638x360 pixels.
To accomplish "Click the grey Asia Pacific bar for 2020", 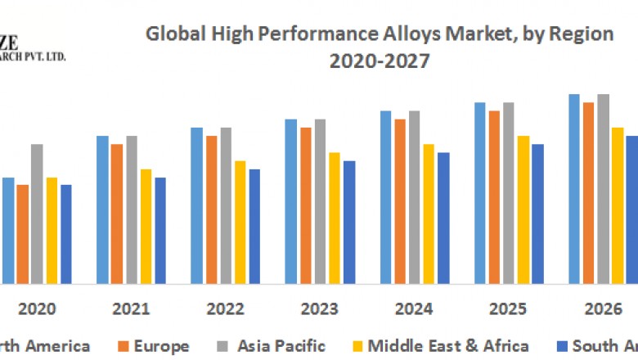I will [x=37, y=214].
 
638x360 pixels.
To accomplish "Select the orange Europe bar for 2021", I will [x=117, y=214].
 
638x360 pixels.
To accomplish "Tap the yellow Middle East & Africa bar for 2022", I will [x=240, y=222].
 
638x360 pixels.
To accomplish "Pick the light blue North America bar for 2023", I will [x=291, y=201].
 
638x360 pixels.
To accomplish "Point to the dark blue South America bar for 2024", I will [x=443, y=218].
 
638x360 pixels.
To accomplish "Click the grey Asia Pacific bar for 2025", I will [x=509, y=193].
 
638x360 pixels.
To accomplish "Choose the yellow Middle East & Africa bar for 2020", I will [x=52, y=230].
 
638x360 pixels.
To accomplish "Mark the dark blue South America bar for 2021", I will [x=160, y=230].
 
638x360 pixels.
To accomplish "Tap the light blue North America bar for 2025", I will [x=480, y=193].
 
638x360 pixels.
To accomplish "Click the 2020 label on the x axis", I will [x=37, y=309].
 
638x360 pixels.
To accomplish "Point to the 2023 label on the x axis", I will [x=320, y=309].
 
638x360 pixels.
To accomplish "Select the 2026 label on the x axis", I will [x=603, y=309].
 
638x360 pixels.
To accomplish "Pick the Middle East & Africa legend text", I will [x=447, y=345].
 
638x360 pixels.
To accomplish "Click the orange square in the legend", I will [x=123, y=346].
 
